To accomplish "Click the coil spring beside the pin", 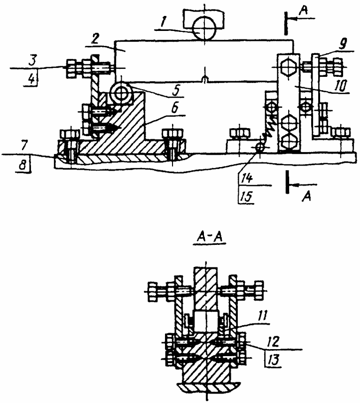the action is coord(269,134).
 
